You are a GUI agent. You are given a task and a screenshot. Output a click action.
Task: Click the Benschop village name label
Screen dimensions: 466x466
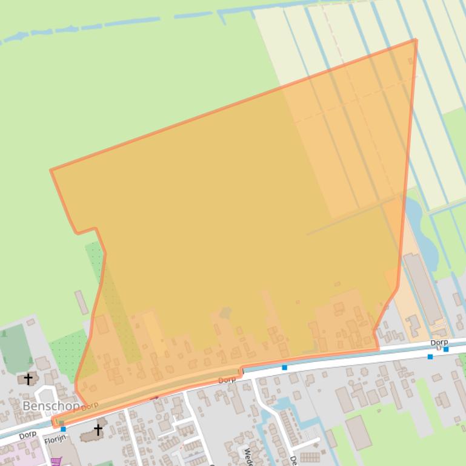(51, 405)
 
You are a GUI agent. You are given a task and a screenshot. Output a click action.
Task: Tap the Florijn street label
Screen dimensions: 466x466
(55, 439)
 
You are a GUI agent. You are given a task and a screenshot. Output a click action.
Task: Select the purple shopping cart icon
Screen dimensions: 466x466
(56, 461)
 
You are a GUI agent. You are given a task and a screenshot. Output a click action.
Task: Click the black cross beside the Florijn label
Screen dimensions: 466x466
(98, 430)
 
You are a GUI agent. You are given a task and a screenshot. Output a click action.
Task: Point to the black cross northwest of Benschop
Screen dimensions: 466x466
(28, 379)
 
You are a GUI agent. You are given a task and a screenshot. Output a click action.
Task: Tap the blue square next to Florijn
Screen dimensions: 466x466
(63, 429)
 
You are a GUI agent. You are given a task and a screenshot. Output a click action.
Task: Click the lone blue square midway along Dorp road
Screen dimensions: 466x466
(285, 367)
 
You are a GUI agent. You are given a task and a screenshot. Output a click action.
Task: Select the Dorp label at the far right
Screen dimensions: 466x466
(439, 343)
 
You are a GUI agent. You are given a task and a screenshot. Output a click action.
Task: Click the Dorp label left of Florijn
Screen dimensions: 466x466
(27, 435)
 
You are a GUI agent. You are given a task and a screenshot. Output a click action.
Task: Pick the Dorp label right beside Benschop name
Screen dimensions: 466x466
(90, 406)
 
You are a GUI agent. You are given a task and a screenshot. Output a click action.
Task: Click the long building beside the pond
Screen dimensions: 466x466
(422, 287)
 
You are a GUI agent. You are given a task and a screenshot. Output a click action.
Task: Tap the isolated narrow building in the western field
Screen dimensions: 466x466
(82, 302)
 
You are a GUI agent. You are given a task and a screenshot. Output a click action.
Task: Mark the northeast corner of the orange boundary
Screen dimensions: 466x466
(416, 40)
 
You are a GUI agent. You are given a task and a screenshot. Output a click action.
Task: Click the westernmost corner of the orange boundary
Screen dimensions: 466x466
(51, 170)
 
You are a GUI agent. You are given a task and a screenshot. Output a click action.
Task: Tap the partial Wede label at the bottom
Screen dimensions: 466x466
(247, 455)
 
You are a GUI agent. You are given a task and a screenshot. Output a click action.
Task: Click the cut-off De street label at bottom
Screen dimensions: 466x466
(293, 460)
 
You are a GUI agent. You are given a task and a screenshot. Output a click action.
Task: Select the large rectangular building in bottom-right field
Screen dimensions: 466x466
(358, 432)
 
